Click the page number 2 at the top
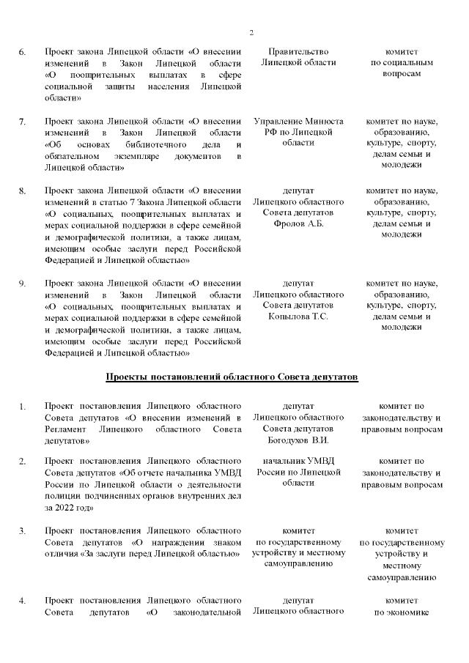tap(251, 32)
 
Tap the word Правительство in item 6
tap(298, 51)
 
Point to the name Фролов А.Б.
tap(298, 223)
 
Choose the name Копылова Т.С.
tap(298, 316)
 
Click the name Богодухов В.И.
tap(298, 440)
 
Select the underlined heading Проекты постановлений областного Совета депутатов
tap(232, 377)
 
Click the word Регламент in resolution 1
tap(65, 428)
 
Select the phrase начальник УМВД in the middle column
tap(298, 460)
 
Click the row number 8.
tap(22, 190)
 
